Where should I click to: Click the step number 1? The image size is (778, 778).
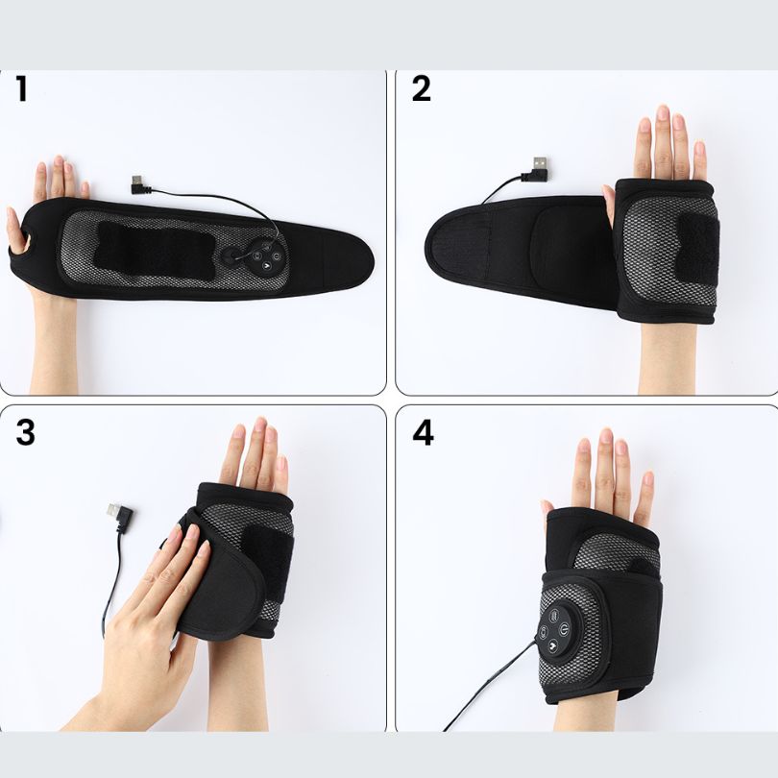pos(21,88)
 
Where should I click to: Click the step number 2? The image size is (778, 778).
pos(422,88)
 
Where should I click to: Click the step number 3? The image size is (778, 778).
pos(25,432)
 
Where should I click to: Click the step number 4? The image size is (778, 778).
pos(423,432)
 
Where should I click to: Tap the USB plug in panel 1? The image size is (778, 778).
pos(138,184)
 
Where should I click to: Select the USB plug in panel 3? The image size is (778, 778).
pos(119,517)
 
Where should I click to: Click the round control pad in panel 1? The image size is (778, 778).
pos(265,257)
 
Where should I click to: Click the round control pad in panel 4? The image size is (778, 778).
pos(559,630)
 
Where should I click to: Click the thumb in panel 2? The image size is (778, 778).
pos(609,204)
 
